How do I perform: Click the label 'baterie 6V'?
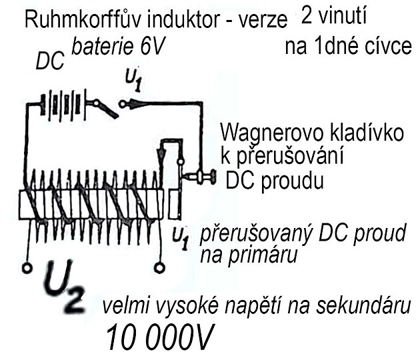[125, 48]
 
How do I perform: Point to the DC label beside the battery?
[49, 63]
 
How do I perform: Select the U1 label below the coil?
[179, 235]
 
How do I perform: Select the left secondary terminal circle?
[27, 268]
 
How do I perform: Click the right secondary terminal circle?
[159, 268]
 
